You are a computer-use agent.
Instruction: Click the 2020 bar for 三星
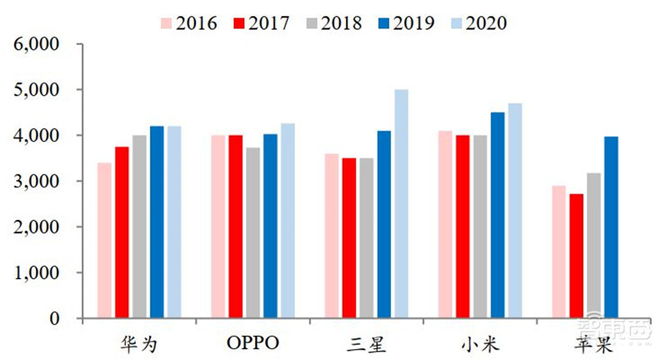click(x=401, y=204)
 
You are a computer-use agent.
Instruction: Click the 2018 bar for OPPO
click(x=253, y=232)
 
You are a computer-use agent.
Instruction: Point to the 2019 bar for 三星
click(x=384, y=224)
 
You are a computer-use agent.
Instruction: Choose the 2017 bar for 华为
click(x=122, y=232)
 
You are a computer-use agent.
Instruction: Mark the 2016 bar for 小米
click(x=445, y=224)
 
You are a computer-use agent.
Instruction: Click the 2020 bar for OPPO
click(x=288, y=221)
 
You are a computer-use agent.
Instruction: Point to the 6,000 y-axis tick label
click(x=38, y=43)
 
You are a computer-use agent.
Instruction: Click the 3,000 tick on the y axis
click(x=38, y=181)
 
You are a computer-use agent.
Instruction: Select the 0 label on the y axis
click(x=57, y=318)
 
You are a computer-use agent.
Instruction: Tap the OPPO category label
click(x=253, y=342)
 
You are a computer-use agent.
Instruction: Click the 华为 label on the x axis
click(x=139, y=342)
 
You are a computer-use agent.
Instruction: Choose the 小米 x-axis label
click(x=479, y=342)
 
